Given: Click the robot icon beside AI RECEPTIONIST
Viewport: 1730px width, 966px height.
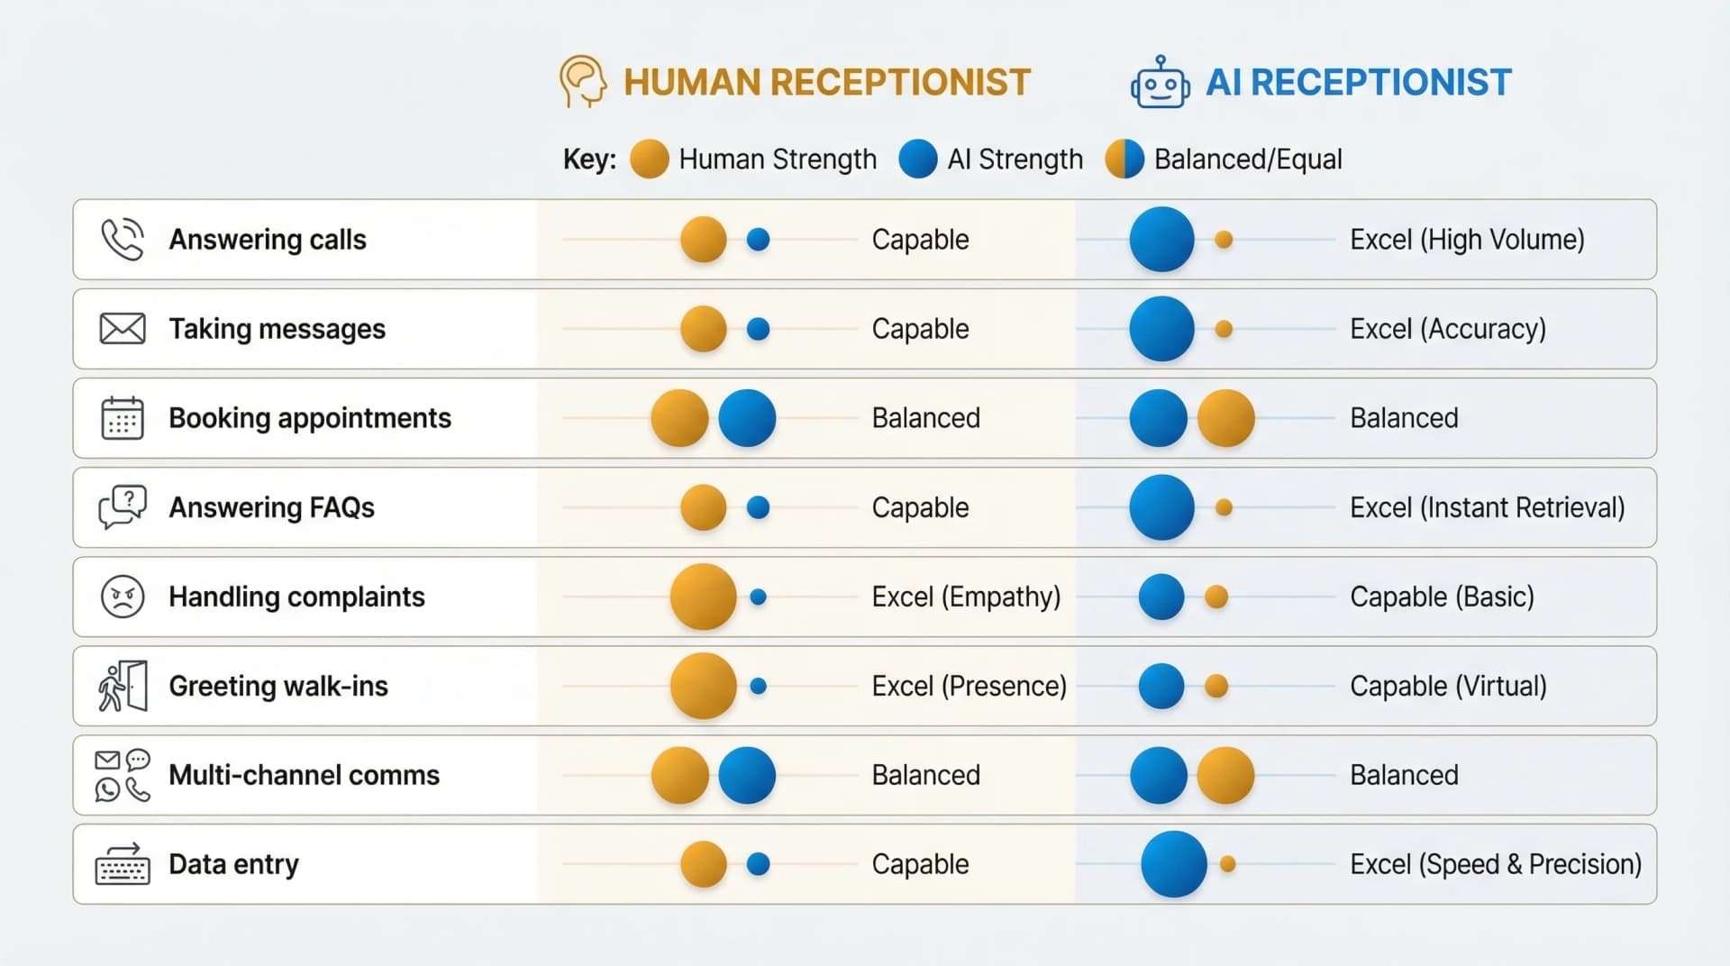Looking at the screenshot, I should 1160,83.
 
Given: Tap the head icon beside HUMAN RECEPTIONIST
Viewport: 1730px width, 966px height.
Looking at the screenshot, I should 582,81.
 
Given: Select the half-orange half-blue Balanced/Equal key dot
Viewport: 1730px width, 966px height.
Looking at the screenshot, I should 1124,159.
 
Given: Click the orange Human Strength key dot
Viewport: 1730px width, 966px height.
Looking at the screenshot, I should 649,159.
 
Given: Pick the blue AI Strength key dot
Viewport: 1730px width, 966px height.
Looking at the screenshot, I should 917,159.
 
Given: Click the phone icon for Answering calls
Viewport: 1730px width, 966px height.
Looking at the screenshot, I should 122,240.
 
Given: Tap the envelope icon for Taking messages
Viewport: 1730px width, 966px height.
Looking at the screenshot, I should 122,329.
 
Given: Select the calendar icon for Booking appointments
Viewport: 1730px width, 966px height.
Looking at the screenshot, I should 122,418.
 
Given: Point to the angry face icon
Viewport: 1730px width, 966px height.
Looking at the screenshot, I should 122,597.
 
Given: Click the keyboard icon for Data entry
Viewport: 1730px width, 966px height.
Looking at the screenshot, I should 122,865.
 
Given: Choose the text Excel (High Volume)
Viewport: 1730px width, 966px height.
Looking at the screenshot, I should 1466,240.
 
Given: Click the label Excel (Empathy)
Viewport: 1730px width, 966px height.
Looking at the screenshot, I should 965,597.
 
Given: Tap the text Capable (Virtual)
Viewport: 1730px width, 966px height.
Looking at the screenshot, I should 1447,686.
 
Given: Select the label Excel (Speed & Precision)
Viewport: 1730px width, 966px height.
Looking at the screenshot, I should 1495,864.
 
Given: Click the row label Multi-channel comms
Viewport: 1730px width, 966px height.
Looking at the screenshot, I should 304,775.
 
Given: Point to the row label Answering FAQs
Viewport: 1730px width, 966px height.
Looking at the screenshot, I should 271,507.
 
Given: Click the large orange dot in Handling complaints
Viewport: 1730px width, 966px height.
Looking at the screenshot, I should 703,597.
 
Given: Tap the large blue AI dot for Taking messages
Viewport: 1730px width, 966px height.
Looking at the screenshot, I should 1161,329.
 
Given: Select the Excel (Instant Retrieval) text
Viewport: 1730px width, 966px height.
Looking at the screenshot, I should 1487,507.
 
